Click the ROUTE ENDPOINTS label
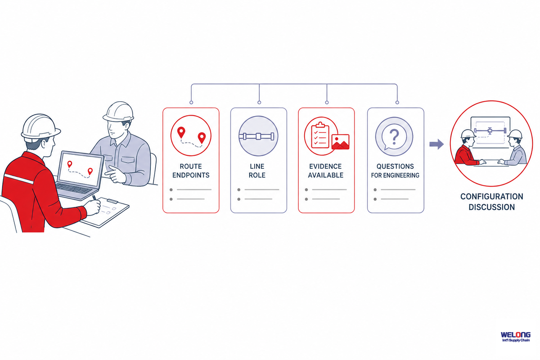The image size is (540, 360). click(191, 171)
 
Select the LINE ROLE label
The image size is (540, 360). click(257, 171)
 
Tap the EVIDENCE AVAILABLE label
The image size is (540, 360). click(325, 171)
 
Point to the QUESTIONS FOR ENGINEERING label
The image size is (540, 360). click(395, 171)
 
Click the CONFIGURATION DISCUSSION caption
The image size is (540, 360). click(491, 202)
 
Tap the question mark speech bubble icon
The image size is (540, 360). click(394, 136)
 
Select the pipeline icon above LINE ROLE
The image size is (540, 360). click(258, 136)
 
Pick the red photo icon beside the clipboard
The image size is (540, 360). click(340, 142)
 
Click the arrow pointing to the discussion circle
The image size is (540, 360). click(436, 144)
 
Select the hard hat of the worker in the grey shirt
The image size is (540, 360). click(119, 111)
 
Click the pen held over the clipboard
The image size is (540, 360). click(94, 198)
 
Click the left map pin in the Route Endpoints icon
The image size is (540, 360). click(181, 133)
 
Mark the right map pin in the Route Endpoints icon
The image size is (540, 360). click(202, 138)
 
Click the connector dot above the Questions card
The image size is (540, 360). click(397, 103)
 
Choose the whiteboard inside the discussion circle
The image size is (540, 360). click(490, 132)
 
